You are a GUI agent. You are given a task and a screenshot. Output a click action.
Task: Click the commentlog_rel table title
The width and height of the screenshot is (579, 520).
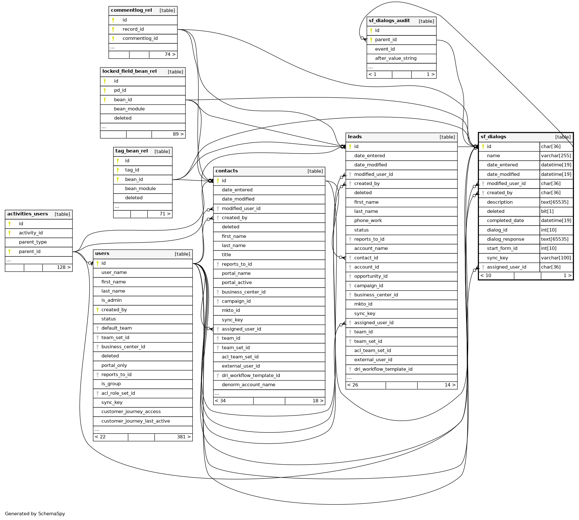click(x=131, y=10)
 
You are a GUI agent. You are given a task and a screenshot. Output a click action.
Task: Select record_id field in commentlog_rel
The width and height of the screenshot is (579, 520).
click(x=133, y=29)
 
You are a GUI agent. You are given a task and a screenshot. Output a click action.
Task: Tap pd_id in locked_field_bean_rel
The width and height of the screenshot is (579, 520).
click(x=120, y=90)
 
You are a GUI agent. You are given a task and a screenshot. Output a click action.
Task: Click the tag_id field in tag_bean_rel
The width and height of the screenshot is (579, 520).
click(x=132, y=170)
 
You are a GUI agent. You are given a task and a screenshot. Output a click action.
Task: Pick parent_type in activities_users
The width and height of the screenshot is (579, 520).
click(x=33, y=242)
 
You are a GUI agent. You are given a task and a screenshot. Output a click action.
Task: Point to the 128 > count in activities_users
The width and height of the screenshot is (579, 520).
click(x=64, y=267)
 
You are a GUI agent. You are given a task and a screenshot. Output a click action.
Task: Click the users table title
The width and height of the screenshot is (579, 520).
click(x=102, y=254)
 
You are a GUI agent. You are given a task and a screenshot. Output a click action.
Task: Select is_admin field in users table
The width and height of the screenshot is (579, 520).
click(x=112, y=300)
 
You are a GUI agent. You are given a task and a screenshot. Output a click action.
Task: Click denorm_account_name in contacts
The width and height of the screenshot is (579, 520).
click(x=248, y=385)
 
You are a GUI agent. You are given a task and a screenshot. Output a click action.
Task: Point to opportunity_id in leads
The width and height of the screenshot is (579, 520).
click(x=371, y=276)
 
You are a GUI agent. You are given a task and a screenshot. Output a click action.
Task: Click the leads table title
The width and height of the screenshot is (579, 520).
click(x=355, y=137)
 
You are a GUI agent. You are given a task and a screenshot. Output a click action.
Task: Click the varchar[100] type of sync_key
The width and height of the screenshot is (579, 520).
click(x=556, y=258)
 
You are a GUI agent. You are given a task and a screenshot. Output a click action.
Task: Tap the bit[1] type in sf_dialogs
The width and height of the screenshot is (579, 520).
click(x=547, y=211)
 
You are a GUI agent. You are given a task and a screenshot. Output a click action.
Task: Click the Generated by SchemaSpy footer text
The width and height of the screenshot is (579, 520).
click(x=35, y=514)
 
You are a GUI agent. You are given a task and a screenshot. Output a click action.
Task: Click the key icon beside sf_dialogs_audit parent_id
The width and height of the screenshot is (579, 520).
click(x=371, y=40)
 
